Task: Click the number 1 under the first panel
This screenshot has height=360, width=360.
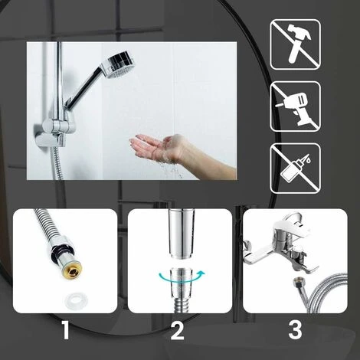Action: click(65, 332)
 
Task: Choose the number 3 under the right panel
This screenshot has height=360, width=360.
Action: click(294, 332)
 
